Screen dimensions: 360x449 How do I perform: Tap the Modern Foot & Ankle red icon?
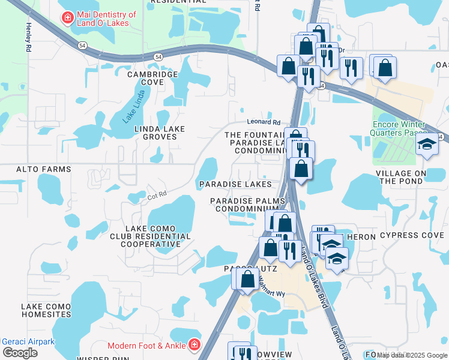[194, 345]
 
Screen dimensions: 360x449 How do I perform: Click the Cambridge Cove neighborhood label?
[152, 78]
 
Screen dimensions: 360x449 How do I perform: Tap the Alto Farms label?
[35, 170]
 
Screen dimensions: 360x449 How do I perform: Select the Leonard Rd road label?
[264, 122]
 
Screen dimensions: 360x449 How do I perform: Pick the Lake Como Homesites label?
[46, 310]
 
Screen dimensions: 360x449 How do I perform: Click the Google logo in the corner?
[20, 353]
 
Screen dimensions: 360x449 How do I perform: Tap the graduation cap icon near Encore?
[427, 145]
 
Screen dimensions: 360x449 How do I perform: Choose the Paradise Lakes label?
[235, 184]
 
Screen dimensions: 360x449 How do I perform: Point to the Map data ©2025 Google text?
[412, 355]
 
